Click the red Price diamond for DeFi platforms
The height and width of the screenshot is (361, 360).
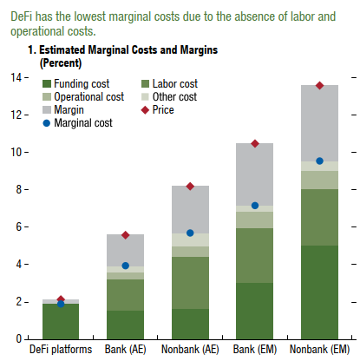(x=60, y=299)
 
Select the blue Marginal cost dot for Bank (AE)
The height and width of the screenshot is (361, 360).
(x=125, y=266)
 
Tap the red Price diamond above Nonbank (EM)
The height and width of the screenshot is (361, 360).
(x=319, y=85)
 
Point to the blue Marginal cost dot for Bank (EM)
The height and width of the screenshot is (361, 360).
(x=254, y=206)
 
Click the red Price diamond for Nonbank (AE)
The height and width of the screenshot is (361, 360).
(x=190, y=187)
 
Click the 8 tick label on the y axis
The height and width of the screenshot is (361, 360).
(x=20, y=189)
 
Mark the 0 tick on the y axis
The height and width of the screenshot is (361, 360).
(x=20, y=338)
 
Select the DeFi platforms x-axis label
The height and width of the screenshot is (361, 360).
(x=61, y=351)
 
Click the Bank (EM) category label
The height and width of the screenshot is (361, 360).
(x=255, y=351)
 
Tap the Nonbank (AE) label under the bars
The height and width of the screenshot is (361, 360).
(x=190, y=351)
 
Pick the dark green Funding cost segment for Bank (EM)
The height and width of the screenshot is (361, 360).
(x=254, y=310)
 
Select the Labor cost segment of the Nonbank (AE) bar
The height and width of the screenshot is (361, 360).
(x=190, y=282)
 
